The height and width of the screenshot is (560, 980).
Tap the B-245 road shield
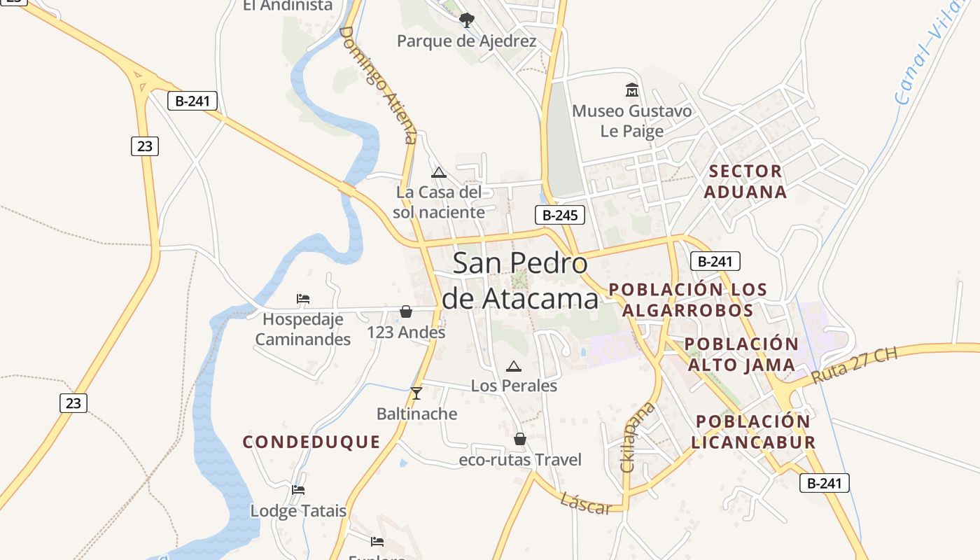[560, 216]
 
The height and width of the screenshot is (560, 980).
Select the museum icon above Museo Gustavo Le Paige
[632, 90]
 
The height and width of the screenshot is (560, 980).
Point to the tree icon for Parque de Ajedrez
[467, 20]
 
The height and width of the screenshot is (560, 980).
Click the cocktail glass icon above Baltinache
[416, 393]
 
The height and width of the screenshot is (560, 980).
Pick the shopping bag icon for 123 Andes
[406, 311]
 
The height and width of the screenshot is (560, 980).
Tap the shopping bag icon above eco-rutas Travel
[520, 439]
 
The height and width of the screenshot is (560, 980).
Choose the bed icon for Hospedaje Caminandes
[303, 299]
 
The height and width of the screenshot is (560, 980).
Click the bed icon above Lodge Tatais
[298, 490]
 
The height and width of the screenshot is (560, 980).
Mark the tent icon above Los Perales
[514, 365]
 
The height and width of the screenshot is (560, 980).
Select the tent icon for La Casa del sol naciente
[439, 172]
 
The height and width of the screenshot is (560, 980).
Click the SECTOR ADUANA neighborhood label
[745, 181]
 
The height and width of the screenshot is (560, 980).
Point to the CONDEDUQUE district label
[311, 442]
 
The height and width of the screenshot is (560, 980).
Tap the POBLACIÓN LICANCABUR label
[753, 432]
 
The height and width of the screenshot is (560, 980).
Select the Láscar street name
[586, 503]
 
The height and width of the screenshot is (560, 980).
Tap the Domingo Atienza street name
[378, 84]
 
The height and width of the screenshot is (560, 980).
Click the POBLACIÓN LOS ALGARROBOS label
[688, 300]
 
